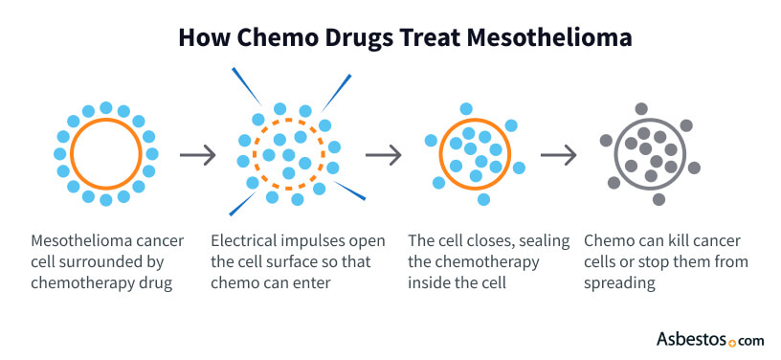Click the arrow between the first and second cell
pos(195,153)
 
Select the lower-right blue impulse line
pos(350,191)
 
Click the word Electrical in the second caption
pos(242,240)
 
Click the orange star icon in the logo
pos(733,340)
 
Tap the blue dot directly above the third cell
pos(465,108)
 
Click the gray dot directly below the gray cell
pos(659,199)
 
